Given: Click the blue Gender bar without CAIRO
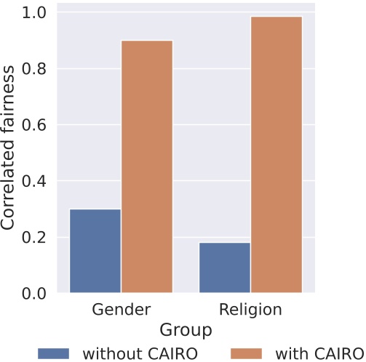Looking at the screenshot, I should (95, 251).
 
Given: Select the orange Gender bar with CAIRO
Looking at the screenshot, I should (147, 166).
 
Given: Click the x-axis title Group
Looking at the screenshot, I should (186, 329).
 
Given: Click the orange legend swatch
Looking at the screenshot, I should (250, 352).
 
